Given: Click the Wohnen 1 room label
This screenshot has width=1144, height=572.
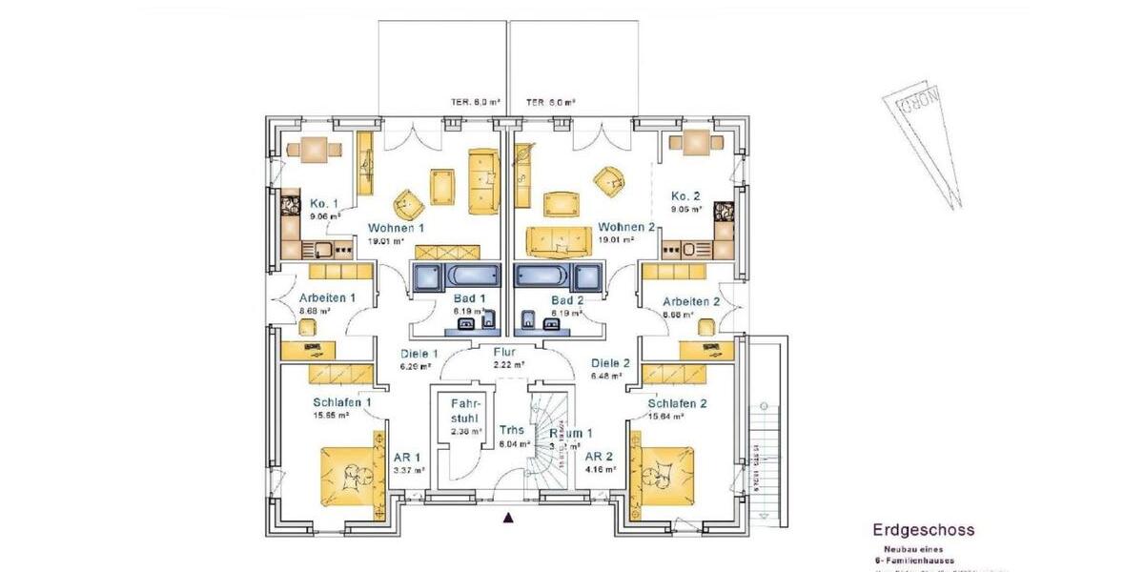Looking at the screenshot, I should (x=396, y=228).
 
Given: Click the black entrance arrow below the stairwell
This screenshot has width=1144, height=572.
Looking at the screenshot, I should (x=508, y=519).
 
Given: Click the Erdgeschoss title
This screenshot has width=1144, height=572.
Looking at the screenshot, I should (x=923, y=530).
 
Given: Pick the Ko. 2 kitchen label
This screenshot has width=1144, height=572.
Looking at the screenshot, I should (x=686, y=195).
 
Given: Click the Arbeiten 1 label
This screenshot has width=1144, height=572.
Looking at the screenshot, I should (x=326, y=298).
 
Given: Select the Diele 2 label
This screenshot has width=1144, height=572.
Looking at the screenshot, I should (x=610, y=363).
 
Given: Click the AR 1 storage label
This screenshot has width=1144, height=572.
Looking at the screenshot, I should (x=408, y=458).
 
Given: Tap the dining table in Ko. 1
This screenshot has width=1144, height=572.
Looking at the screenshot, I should (x=314, y=148).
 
